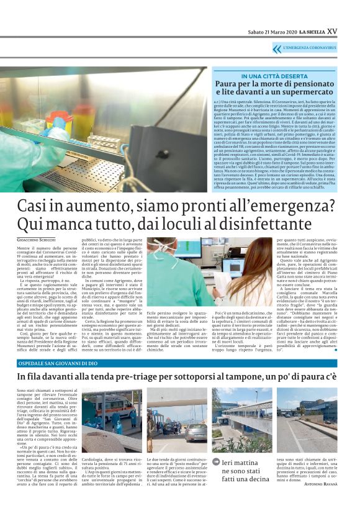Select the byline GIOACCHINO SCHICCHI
click(x=36, y=239)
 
